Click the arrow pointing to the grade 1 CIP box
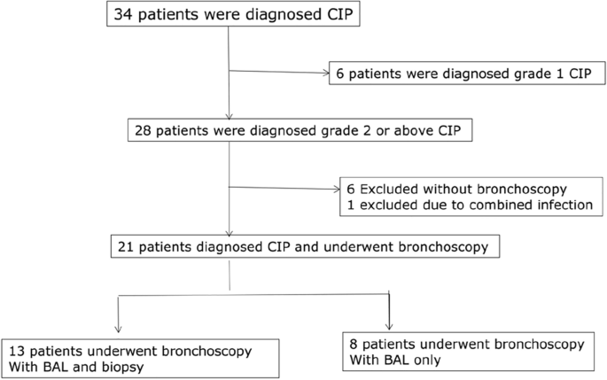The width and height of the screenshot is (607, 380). tap(323, 73)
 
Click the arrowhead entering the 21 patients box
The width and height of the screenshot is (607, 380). tap(230, 233)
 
